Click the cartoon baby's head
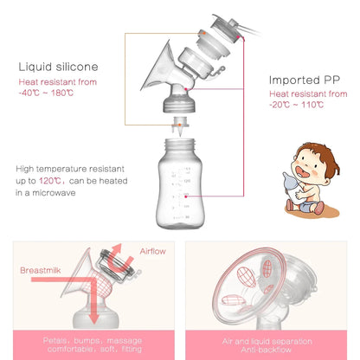[x=312, y=162]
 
